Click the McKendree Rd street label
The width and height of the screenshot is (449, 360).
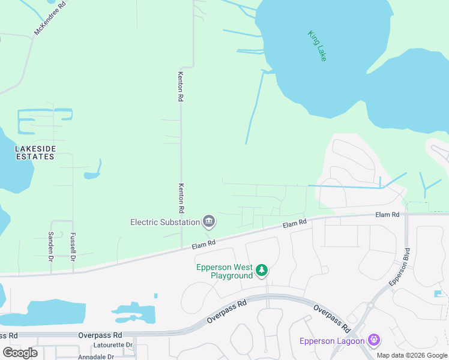(x=50, y=17)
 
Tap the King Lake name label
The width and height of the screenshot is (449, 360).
(x=317, y=46)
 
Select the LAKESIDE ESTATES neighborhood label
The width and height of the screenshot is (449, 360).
(x=35, y=152)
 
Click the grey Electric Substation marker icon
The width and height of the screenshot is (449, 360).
(x=209, y=222)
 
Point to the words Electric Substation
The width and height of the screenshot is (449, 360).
(x=164, y=222)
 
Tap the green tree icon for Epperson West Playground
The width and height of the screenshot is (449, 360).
(x=262, y=271)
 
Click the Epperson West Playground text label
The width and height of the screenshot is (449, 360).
(x=224, y=271)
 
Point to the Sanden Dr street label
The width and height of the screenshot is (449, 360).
(x=51, y=247)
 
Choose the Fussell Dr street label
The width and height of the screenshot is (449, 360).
(x=73, y=247)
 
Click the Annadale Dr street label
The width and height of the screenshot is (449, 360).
(x=96, y=356)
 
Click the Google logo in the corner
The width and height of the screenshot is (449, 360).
(x=20, y=353)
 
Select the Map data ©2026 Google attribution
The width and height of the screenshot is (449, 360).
(x=412, y=355)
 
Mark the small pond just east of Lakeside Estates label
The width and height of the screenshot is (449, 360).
(x=92, y=175)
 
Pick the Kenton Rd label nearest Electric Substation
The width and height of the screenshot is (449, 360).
(x=181, y=199)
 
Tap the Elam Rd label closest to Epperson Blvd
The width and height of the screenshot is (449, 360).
(x=387, y=214)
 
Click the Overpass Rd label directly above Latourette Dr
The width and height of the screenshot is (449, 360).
(x=101, y=335)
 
